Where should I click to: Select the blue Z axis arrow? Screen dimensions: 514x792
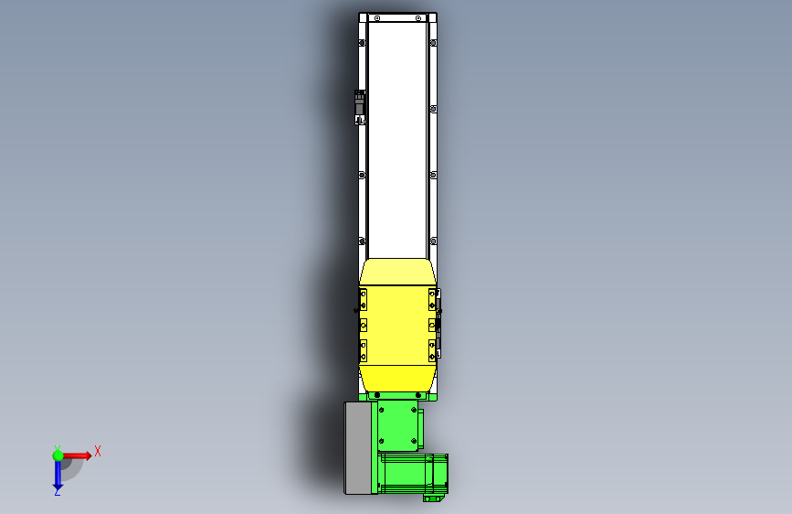pos(58,473)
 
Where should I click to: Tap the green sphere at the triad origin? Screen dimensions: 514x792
pos(58,455)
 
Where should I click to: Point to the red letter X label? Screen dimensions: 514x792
pos(97,451)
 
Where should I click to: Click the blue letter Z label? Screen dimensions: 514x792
pos(58,492)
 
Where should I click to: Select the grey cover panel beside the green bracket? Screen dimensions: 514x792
pos(359,447)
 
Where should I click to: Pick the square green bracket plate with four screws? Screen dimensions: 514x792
pos(398,426)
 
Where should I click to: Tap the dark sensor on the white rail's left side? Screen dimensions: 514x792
pos(360,106)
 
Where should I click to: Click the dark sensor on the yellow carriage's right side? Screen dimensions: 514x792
pos(438,326)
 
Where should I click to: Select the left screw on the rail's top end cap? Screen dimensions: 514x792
pos(375,18)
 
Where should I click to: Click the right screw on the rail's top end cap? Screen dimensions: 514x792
pos(418,18)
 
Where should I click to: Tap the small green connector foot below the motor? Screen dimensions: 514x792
pos(433,498)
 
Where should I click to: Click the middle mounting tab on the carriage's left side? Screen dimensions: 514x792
pos(364,324)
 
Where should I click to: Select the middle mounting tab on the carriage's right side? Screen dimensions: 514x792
pos(432,324)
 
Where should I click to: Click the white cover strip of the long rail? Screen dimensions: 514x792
pos(397,137)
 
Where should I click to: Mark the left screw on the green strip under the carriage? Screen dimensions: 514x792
pos(375,395)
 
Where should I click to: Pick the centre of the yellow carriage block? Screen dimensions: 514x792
pos(398,325)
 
